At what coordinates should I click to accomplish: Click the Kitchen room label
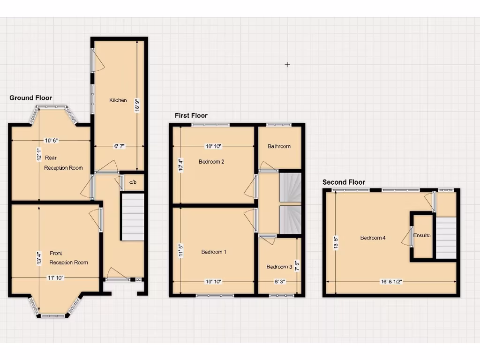pos(118,100)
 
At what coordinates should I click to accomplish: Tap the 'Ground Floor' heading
pos(31,98)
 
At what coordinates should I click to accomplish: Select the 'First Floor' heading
pos(191,115)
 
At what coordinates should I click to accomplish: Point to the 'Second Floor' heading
pos(344,182)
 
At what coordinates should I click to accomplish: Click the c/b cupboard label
pos(133,182)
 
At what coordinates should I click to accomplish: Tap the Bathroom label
pos(279,146)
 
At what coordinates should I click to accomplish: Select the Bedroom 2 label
pos(211,162)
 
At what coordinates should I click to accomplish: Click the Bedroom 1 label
pos(214,252)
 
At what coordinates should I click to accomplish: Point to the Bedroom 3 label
pos(279,267)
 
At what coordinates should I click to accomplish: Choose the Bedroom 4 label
pos(373,238)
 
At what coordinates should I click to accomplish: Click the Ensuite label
pos(422,235)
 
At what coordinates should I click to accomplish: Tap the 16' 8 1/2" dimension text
pos(391,282)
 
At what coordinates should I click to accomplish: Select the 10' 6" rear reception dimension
pos(51,141)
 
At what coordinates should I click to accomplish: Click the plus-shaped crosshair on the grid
pos(287,65)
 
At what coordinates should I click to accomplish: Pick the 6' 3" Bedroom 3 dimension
pos(279,282)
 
